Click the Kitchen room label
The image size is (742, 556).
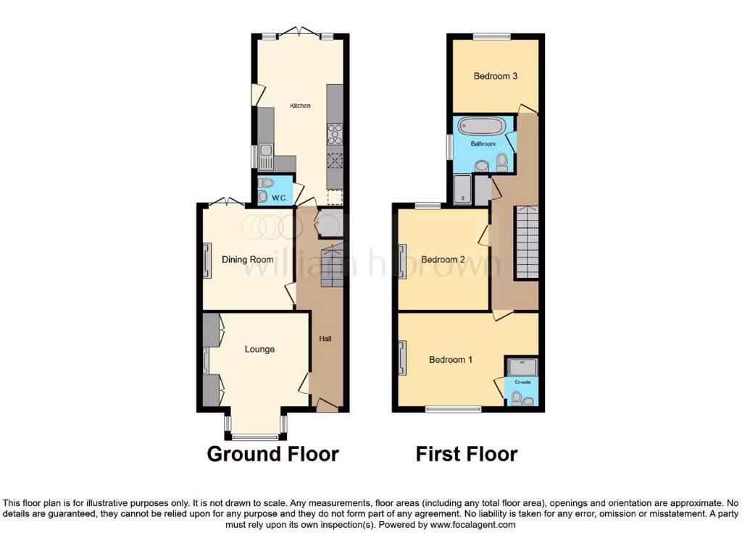300,106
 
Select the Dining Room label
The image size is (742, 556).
247,260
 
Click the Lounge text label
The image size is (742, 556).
259,349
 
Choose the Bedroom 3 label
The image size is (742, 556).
495,76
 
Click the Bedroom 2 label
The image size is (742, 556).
443,260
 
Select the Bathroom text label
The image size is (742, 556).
483,144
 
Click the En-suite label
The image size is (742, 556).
522,381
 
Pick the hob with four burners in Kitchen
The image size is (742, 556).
335,135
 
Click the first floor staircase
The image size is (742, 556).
527,243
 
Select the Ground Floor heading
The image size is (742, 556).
272,454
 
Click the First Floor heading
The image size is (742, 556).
466,454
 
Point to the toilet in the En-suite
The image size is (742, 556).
517,397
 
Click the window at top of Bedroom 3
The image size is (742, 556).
492,36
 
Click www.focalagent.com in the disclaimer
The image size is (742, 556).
473,525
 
